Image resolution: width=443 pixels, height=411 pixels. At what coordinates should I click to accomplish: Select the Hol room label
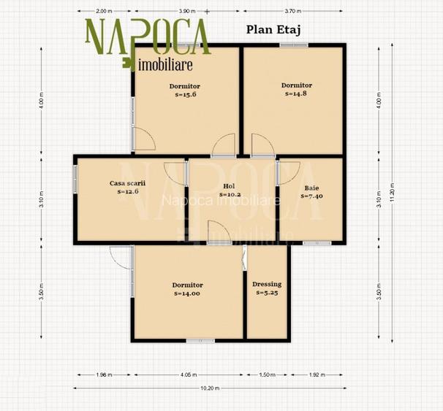[229, 186]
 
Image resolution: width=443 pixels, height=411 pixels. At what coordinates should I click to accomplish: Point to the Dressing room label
[267, 285]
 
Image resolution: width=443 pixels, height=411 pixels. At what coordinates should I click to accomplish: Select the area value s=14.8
[296, 93]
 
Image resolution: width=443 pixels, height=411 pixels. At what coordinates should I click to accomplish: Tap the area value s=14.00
[187, 293]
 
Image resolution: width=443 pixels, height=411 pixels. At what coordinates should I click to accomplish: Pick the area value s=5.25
[267, 293]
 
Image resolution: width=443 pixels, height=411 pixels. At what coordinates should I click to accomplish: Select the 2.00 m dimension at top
[104, 12]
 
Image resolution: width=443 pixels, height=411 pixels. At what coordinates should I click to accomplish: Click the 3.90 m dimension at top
[187, 12]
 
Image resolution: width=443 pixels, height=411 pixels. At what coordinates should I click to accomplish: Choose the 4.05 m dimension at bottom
[188, 375]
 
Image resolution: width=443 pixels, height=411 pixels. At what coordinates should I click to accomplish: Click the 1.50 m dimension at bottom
[268, 375]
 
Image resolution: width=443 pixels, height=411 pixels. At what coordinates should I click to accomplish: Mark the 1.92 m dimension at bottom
[316, 375]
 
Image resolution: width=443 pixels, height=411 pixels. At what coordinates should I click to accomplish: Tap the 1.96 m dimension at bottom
[104, 375]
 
